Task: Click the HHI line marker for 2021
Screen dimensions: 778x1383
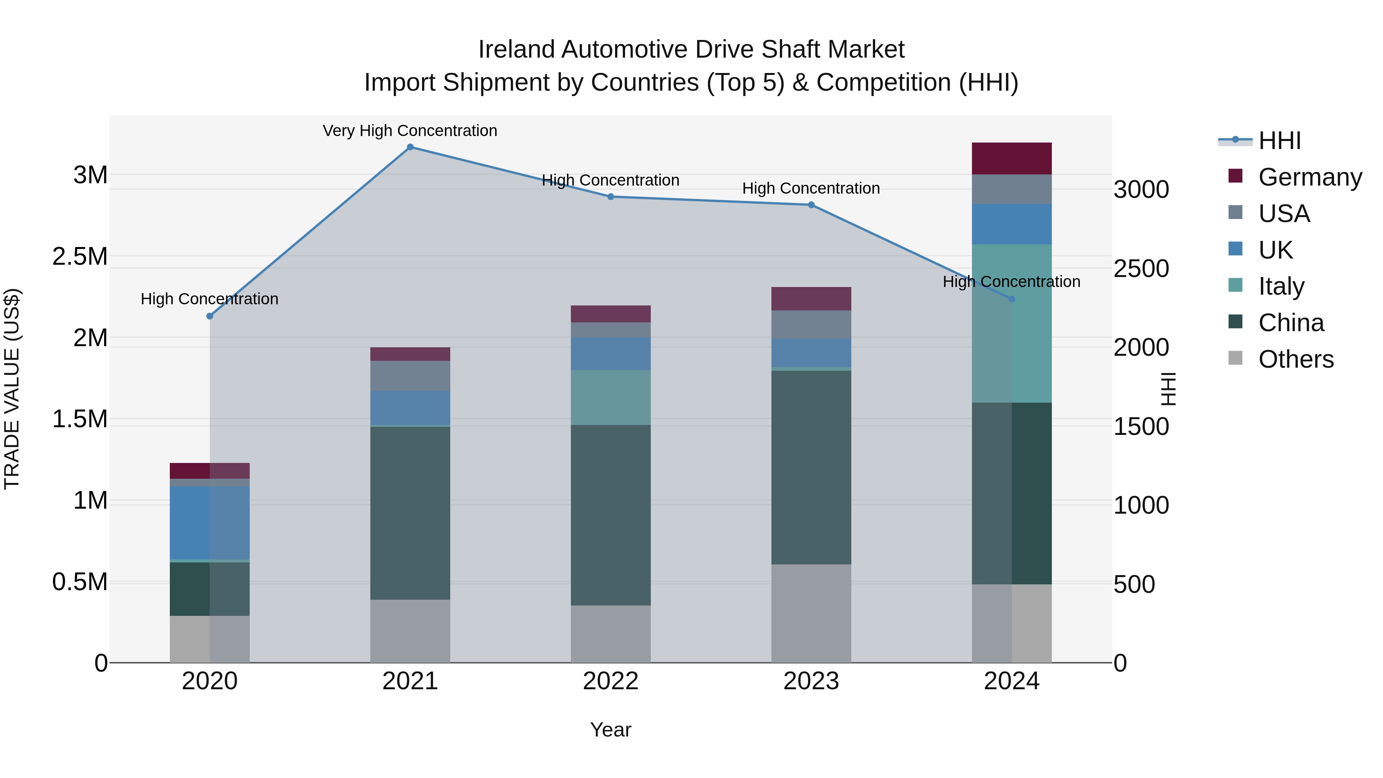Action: pyautogui.click(x=410, y=147)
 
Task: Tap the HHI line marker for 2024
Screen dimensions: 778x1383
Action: pyautogui.click(x=1012, y=299)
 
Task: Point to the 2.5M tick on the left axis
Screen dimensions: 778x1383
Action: pyautogui.click(x=80, y=257)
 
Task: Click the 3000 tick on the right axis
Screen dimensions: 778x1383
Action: pyautogui.click(x=1141, y=189)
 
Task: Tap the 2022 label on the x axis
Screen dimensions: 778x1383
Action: pyautogui.click(x=610, y=681)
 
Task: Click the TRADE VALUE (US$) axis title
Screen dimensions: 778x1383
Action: pyautogui.click(x=12, y=389)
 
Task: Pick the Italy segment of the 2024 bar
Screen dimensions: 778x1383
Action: pyautogui.click(x=1012, y=323)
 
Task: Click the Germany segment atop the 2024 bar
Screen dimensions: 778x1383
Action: pyautogui.click(x=1012, y=158)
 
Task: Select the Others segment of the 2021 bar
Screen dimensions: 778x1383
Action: pyautogui.click(x=410, y=631)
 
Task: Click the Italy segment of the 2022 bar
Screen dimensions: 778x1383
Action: pyautogui.click(x=610, y=397)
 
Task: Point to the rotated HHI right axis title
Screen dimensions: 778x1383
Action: pyautogui.click(x=1168, y=389)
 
